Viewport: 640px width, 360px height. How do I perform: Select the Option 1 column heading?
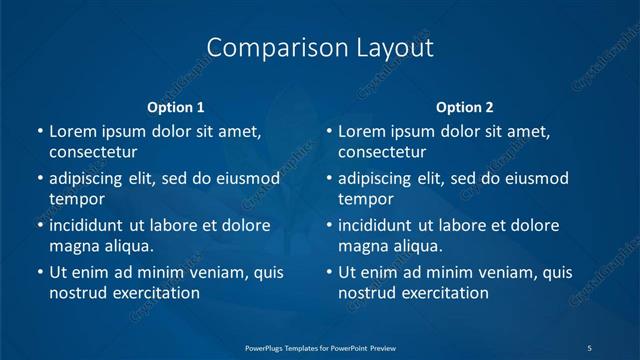click(x=176, y=107)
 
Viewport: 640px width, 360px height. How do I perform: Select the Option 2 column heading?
click(x=465, y=107)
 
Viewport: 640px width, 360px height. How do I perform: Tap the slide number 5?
click(x=590, y=347)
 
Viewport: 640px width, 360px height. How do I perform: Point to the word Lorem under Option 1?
click(x=72, y=131)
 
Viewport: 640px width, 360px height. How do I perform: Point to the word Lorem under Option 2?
click(x=361, y=131)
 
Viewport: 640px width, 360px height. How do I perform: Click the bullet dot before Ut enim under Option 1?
click(x=39, y=272)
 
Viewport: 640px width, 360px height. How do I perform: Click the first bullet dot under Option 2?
click(x=328, y=131)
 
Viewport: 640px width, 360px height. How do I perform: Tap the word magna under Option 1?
click(x=72, y=245)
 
